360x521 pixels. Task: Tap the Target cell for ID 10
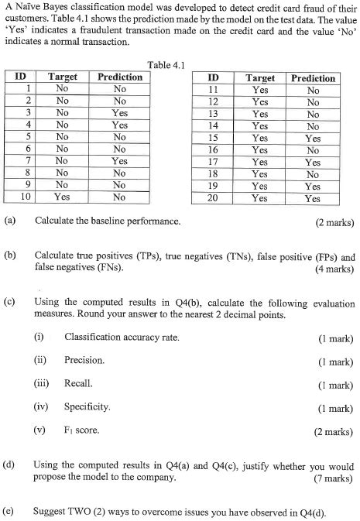point(63,197)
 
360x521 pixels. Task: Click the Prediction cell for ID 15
point(313,139)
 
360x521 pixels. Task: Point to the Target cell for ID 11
point(260,90)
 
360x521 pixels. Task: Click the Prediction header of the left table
point(119,77)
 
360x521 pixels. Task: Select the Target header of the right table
point(260,78)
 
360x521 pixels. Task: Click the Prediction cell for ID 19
point(313,187)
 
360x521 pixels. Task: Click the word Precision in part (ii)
point(84,361)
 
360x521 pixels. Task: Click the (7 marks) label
point(334,478)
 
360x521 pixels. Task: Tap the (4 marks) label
point(334,270)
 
